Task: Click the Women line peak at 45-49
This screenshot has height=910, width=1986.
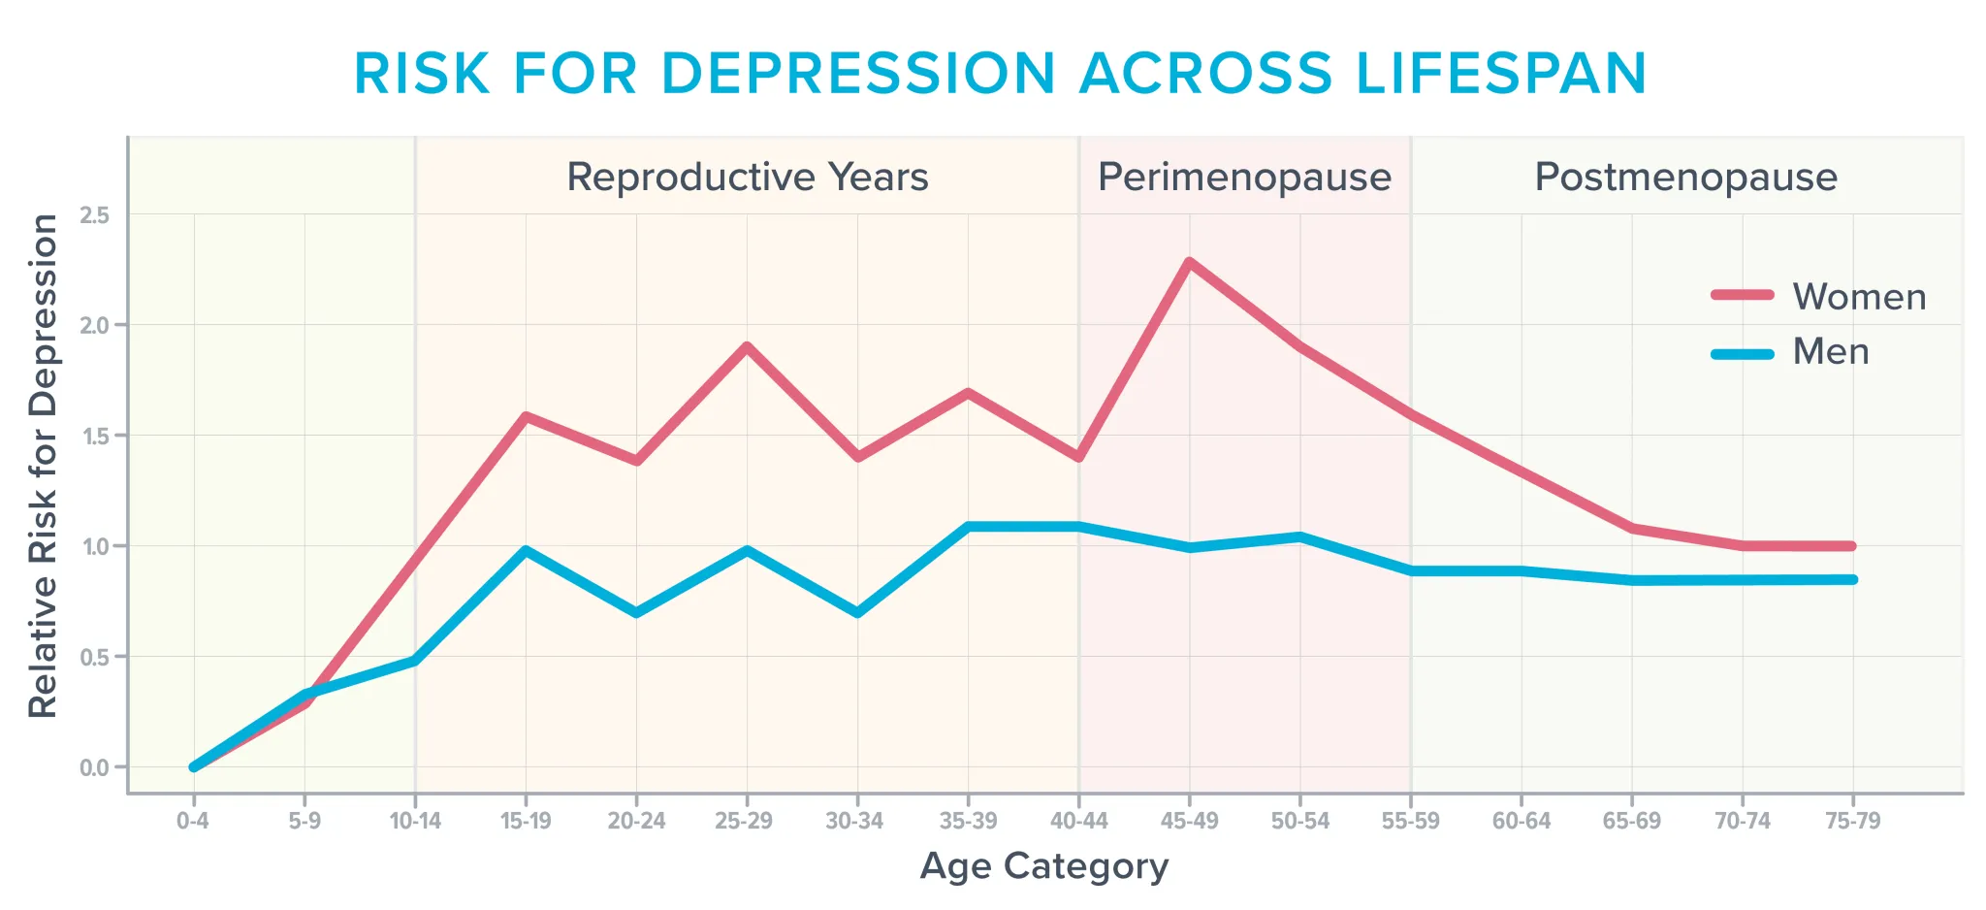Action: (1189, 262)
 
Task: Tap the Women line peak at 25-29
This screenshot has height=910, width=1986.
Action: (747, 346)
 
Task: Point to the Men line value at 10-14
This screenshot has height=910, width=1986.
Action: (415, 661)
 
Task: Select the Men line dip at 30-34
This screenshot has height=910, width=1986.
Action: (857, 613)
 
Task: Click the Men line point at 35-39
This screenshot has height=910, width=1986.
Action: (968, 527)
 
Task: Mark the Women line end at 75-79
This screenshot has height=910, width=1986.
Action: (1852, 546)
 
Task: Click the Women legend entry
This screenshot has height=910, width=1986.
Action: (1819, 297)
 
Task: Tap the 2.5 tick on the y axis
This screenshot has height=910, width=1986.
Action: (95, 215)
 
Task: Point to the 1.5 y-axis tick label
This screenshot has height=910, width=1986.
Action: (95, 436)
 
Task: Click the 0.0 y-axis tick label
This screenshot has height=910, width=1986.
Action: (95, 768)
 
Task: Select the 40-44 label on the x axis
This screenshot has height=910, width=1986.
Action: (1078, 822)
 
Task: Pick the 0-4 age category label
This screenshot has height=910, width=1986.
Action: (193, 822)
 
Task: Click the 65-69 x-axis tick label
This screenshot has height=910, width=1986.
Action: (1631, 822)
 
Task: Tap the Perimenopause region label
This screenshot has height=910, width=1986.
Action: (1244, 178)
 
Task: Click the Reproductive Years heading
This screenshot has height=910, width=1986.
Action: (747, 178)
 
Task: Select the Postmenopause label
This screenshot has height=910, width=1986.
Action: (1685, 178)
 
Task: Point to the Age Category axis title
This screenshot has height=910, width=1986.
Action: (1043, 865)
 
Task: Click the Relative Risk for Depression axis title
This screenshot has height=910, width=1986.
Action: (44, 466)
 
